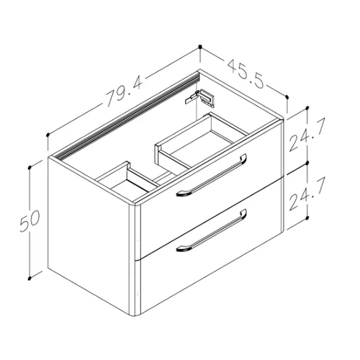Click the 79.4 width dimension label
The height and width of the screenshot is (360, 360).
[x=124, y=91]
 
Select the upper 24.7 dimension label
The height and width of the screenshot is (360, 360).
[x=307, y=134]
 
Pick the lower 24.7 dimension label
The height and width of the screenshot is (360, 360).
[x=307, y=194]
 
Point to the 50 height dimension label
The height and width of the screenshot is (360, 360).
[x=30, y=221]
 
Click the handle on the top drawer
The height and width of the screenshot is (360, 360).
[x=211, y=175]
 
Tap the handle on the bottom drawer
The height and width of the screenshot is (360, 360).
[x=211, y=230]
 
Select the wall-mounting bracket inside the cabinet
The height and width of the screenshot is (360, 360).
[x=199, y=98]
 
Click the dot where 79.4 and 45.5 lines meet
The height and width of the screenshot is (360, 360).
[x=200, y=47]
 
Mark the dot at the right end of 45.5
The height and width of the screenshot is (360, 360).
[x=287, y=96]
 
